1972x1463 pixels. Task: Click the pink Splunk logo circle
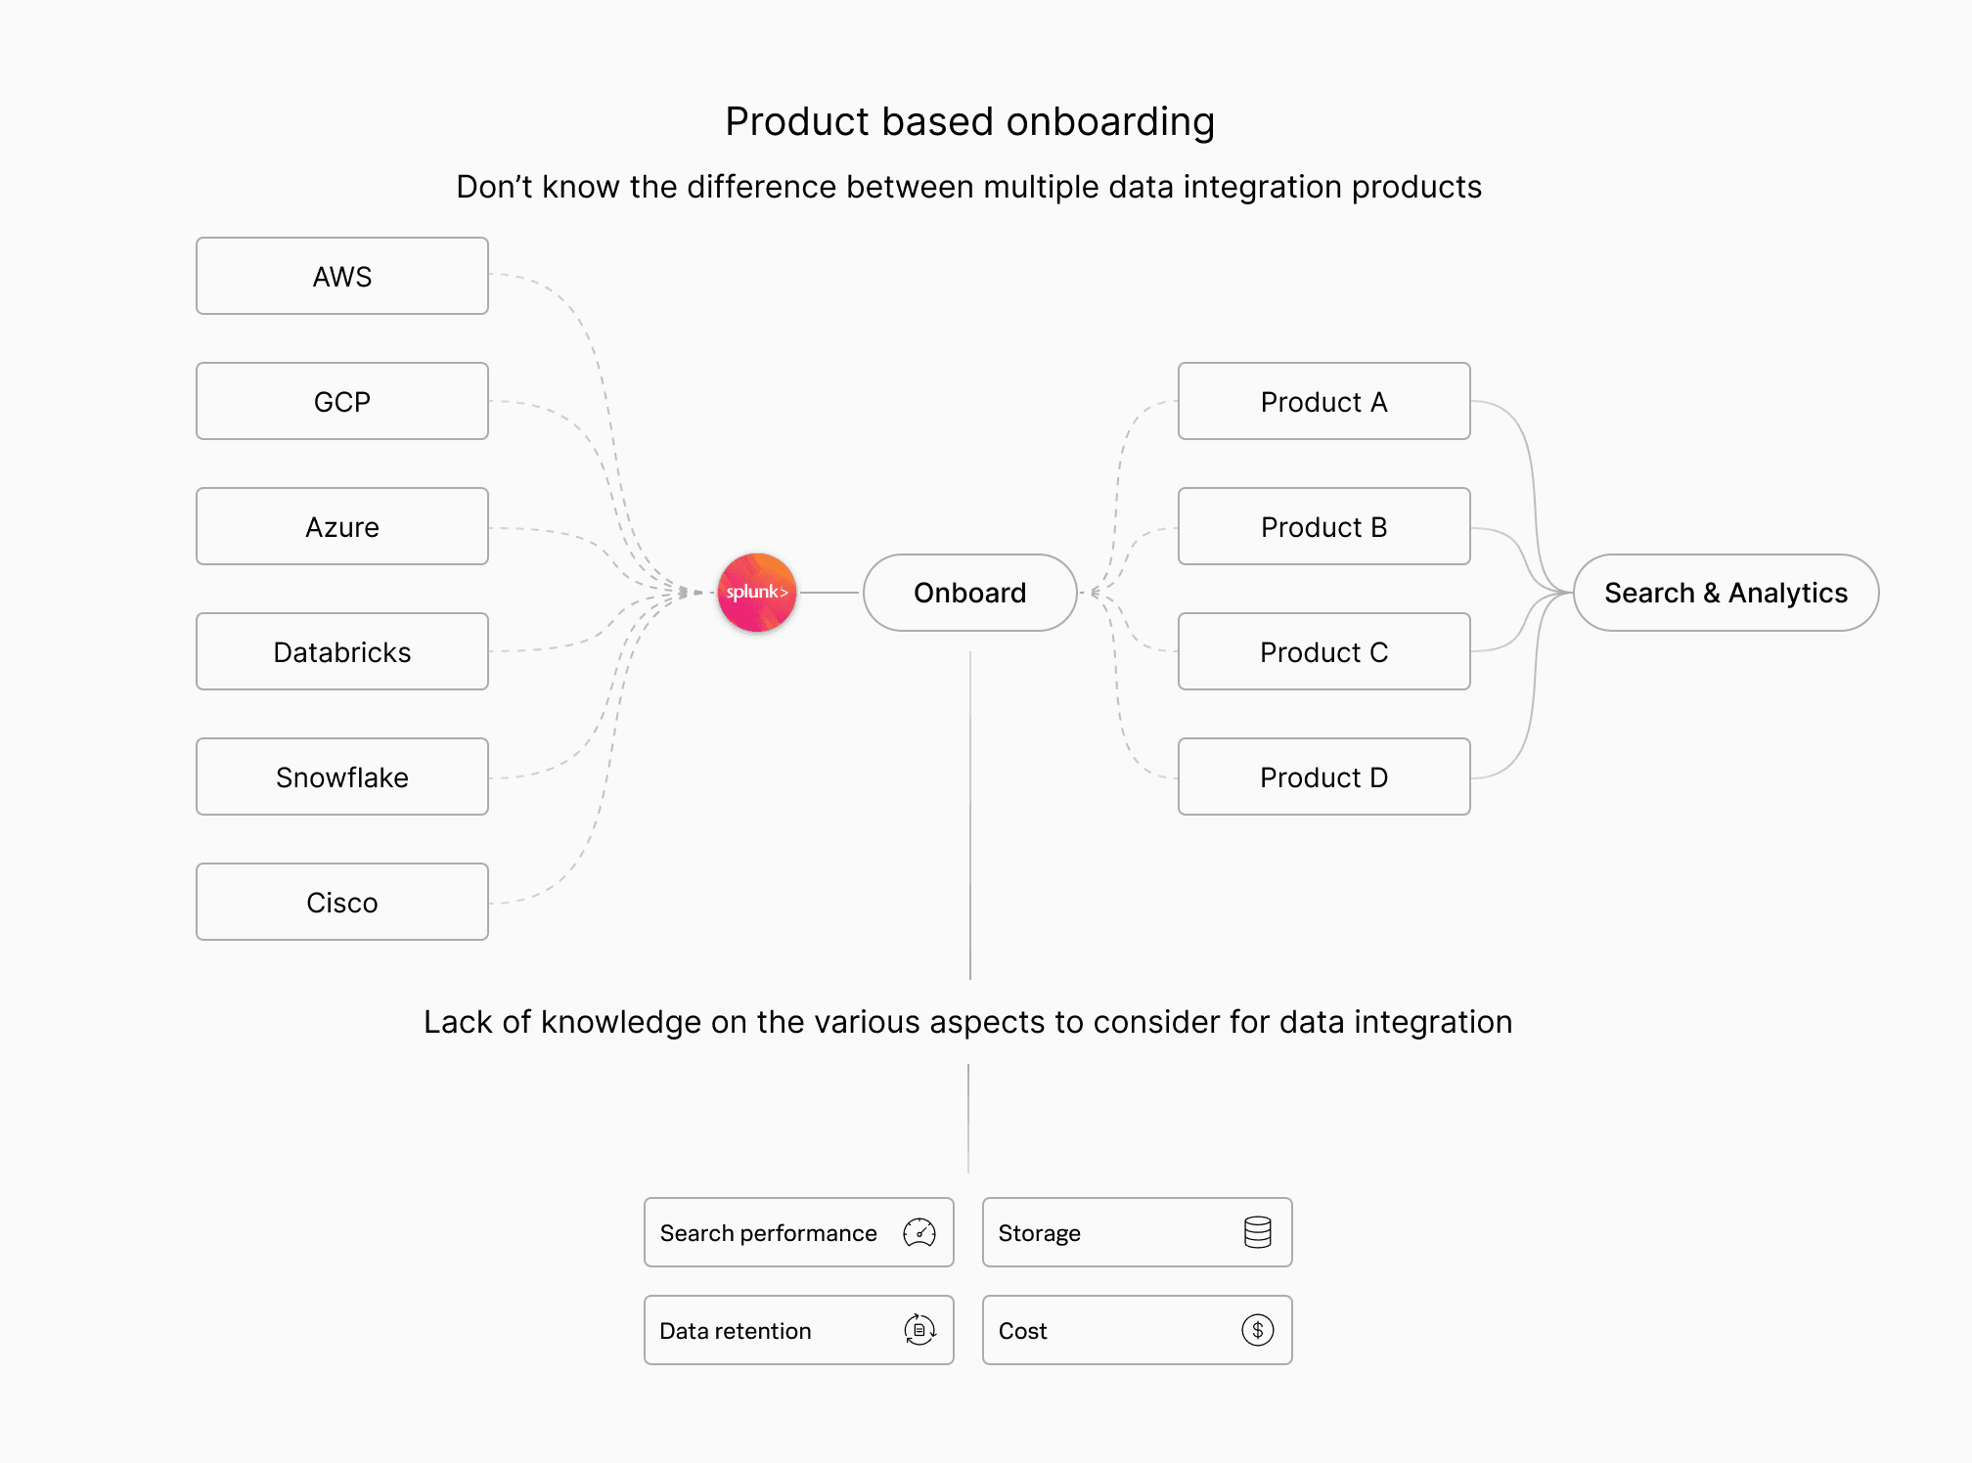point(757,593)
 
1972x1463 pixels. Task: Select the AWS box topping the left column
point(342,276)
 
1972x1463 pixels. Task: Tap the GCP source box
point(342,401)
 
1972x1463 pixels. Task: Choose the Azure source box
point(342,526)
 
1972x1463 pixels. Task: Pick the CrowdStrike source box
point(342,651)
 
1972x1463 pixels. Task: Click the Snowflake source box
point(342,776)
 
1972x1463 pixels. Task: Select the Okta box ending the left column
point(342,902)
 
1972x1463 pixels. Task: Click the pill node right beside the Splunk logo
point(969,593)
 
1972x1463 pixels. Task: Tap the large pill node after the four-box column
point(1725,593)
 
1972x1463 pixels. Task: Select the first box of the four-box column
point(1324,401)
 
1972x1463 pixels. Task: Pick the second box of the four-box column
point(1324,526)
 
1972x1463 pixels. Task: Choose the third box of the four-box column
point(1324,651)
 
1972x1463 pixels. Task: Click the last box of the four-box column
point(1324,776)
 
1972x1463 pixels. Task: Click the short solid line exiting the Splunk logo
point(829,593)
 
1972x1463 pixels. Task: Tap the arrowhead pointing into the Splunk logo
point(696,593)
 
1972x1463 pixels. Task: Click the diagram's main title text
point(972,121)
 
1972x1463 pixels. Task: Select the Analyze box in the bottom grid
point(1137,1232)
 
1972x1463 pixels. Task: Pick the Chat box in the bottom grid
point(1137,1330)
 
